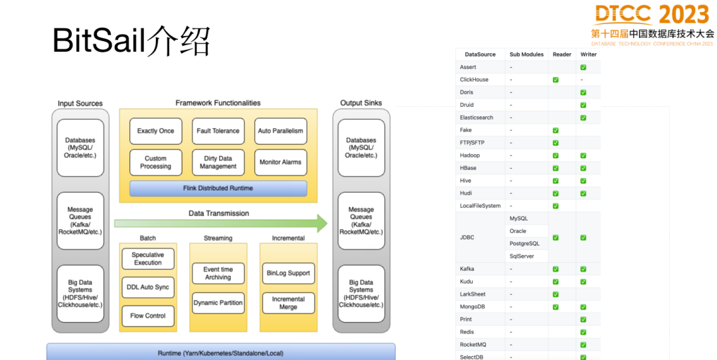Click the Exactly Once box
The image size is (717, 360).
click(155, 131)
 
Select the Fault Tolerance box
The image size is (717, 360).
click(218, 131)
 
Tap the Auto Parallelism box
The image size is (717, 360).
click(280, 131)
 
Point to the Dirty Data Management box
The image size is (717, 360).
click(218, 162)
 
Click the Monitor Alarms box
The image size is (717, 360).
click(280, 162)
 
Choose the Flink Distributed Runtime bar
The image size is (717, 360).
click(218, 189)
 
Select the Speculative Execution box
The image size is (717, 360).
click(147, 258)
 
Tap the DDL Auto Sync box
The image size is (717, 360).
click(147, 287)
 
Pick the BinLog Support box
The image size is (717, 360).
click(288, 273)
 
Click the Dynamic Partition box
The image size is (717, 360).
click(218, 303)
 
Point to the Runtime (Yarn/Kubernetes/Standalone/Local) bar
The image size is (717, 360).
click(220, 352)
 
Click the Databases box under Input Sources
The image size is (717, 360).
click(80, 147)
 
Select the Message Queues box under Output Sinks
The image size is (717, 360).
click(361, 221)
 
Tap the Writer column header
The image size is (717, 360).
click(588, 54)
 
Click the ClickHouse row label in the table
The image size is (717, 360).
click(474, 80)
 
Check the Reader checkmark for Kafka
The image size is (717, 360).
click(556, 269)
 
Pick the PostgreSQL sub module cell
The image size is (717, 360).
click(524, 244)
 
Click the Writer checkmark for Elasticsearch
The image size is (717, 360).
click(583, 118)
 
